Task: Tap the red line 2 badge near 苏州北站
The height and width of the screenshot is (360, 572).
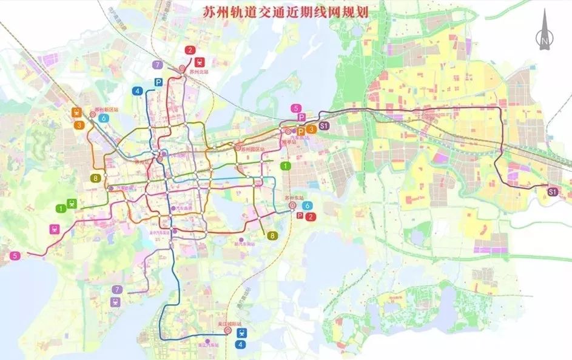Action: pyautogui.click(x=191, y=51)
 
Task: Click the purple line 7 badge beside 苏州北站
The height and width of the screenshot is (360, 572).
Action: pyautogui.click(x=158, y=65)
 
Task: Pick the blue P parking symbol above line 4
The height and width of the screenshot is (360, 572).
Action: pyautogui.click(x=158, y=82)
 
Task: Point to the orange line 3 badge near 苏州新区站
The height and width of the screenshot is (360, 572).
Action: pyautogui.click(x=79, y=125)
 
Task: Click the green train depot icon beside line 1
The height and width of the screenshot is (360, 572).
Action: pyautogui.click(x=73, y=204)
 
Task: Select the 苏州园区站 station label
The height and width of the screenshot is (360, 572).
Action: pyautogui.click(x=253, y=149)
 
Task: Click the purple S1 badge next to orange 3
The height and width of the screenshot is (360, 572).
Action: pyautogui.click(x=324, y=126)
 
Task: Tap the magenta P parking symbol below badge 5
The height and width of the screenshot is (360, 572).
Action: pyautogui.click(x=301, y=117)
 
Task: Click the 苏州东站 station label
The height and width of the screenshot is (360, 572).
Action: pyautogui.click(x=294, y=198)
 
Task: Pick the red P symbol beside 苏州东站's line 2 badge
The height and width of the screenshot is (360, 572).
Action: pyautogui.click(x=301, y=216)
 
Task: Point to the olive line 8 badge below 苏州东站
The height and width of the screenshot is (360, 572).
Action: pyautogui.click(x=273, y=236)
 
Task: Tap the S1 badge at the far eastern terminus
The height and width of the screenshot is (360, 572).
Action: pyautogui.click(x=552, y=192)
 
